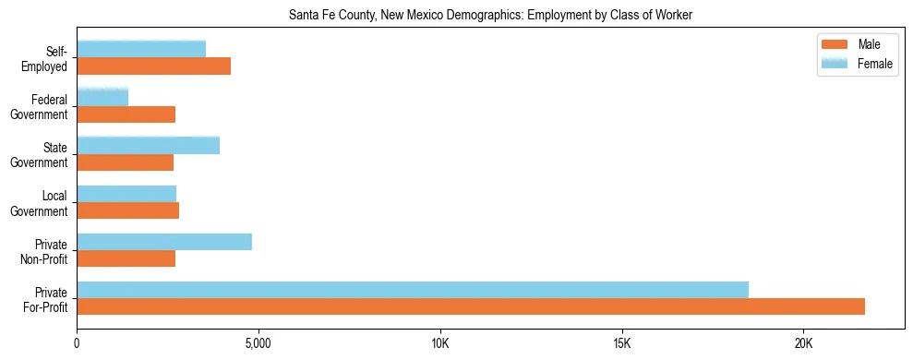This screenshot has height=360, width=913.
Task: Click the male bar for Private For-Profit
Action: pyautogui.click(x=471, y=306)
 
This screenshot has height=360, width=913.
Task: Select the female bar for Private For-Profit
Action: pyautogui.click(x=413, y=290)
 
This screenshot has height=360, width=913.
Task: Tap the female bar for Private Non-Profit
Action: pyautogui.click(x=164, y=242)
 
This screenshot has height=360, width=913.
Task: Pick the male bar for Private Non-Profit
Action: pyautogui.click(x=126, y=258)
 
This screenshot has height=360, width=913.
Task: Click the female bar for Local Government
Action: pyautogui.click(x=126, y=194)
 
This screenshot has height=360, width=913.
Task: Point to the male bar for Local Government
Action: pyautogui.click(x=128, y=210)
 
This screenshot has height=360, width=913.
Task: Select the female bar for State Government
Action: pyautogui.click(x=149, y=145)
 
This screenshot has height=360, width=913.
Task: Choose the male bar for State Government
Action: pyautogui.click(x=126, y=162)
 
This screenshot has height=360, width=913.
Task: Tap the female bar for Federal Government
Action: pyautogui.click(x=102, y=97)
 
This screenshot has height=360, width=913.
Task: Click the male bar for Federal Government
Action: pyautogui.click(x=126, y=114)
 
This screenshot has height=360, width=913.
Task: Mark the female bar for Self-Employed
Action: pyautogui.click(x=141, y=49)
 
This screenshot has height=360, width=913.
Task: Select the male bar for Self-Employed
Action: pyautogui.click(x=154, y=66)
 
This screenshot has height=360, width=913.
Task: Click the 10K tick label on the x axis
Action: pyautogui.click(x=440, y=344)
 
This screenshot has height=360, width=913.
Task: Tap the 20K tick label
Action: pyautogui.click(x=803, y=344)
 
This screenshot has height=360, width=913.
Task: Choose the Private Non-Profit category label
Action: pyautogui.click(x=49, y=250)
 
